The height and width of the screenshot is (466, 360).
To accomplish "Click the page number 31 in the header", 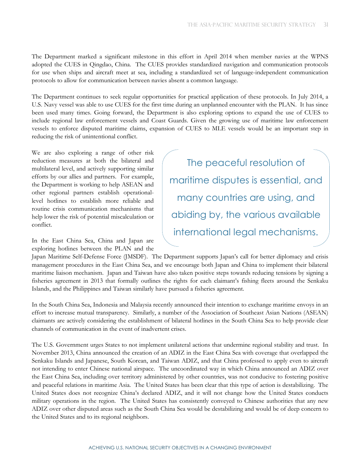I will click(x=326, y=25).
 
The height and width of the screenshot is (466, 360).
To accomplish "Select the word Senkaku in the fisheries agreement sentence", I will click(x=318, y=281).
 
